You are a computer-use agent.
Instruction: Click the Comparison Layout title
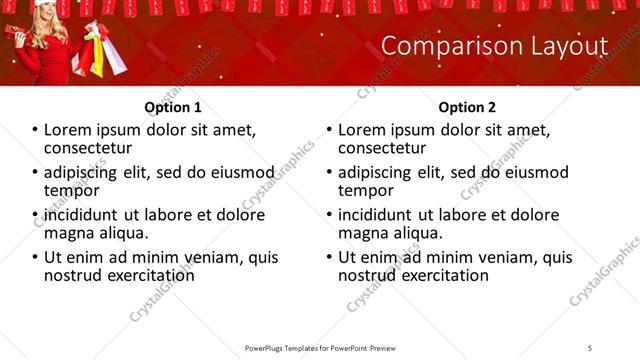point(495,47)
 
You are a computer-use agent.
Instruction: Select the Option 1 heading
point(172,107)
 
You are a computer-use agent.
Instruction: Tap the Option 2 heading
point(467,107)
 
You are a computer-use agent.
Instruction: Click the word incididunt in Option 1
point(81,215)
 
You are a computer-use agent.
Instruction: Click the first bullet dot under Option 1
point(35,131)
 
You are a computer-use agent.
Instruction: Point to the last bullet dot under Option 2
point(329,257)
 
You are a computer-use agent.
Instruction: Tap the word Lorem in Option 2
point(363,130)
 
